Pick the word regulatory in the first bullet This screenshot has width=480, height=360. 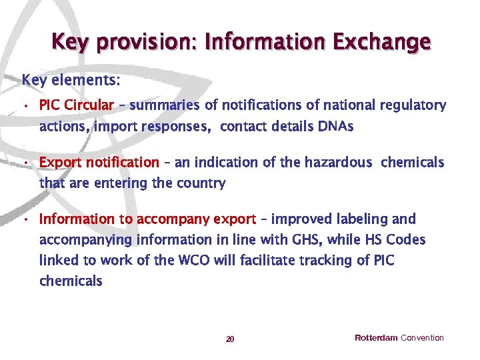pos(413,105)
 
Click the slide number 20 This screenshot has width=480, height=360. pos(230,339)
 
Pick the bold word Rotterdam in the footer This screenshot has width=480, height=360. pos(376,338)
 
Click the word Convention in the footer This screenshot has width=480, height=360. pos(422,338)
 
